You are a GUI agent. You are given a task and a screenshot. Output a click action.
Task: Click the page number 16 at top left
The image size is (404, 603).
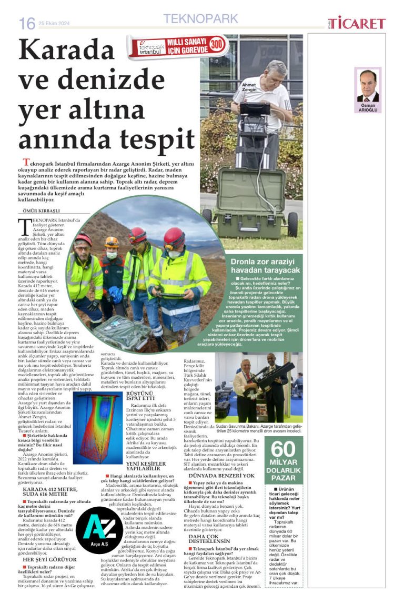pyautogui.click(x=27, y=23)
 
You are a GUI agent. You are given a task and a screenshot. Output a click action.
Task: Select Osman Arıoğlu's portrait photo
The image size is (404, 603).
pyautogui.click(x=367, y=86)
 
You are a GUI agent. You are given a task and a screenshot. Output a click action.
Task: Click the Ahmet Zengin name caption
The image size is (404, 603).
pyautogui.click(x=249, y=87)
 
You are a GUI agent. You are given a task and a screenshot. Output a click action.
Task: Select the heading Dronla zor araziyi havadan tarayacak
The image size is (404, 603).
pyautogui.click(x=265, y=266)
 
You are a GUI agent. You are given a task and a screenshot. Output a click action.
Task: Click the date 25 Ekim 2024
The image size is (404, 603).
pyautogui.click(x=55, y=23)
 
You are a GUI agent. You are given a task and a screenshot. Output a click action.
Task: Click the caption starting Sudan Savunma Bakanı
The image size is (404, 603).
pyautogui.click(x=259, y=428)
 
